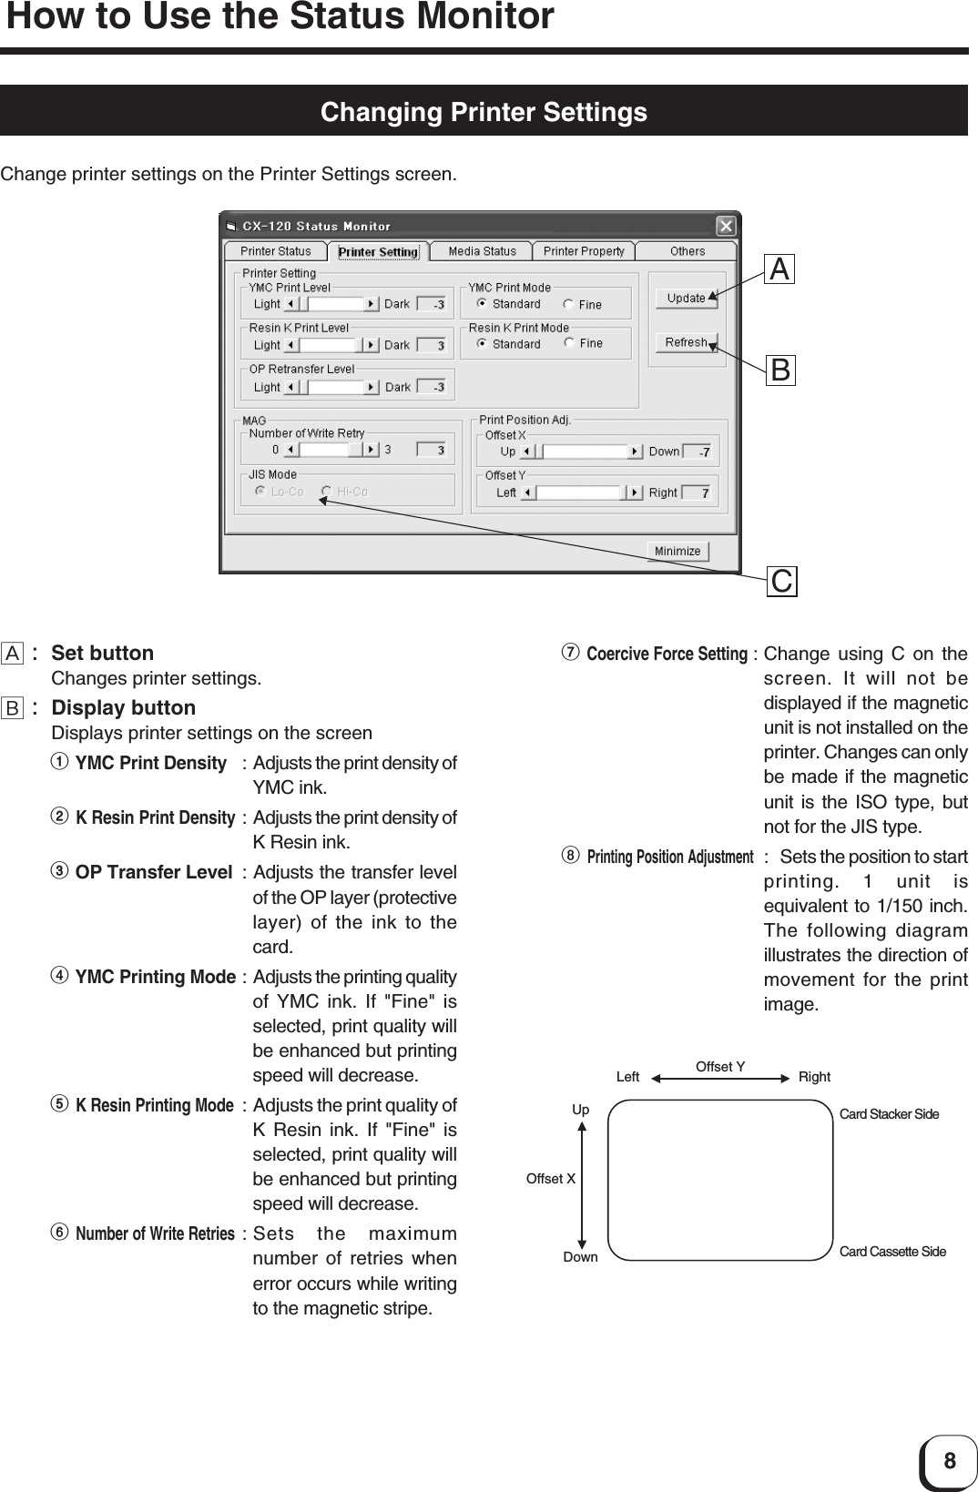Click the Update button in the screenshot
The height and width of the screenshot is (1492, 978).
coord(685,298)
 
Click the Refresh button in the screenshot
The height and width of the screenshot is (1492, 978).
coord(685,342)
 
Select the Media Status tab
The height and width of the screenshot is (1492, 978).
coord(482,251)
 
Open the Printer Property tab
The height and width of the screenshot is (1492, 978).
coord(584,251)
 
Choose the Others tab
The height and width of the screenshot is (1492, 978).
coord(688,251)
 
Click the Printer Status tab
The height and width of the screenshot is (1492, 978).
coord(275,251)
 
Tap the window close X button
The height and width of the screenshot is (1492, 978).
coord(726,225)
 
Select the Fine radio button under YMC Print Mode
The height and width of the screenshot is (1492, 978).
coord(569,304)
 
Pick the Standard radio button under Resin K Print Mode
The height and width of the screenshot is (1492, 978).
coord(483,343)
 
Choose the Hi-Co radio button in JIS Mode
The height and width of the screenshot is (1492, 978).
coord(326,492)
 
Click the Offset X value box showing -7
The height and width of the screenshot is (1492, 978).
coord(698,452)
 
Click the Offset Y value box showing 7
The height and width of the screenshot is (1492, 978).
coord(698,492)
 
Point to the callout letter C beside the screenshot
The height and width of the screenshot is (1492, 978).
coord(781,581)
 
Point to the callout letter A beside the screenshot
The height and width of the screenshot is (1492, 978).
coord(779,269)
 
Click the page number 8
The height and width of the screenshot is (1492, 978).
coord(950,1462)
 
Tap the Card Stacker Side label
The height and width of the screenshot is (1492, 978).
coord(889,1114)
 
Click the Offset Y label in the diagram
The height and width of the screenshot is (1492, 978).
coord(720,1067)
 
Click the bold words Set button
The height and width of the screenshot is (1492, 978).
coord(103,653)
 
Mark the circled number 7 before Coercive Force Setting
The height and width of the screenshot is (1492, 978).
coord(572,653)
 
